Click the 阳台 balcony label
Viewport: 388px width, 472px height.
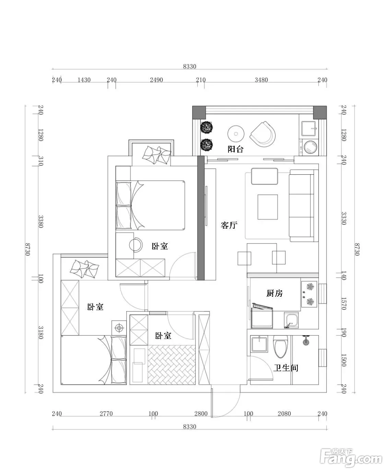pos(235,149)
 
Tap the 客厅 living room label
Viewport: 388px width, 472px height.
pos(229,225)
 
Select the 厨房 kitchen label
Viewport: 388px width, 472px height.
pos(274,293)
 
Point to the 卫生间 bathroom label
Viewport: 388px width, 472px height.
pos(286,368)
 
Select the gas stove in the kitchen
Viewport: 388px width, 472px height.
pos(309,294)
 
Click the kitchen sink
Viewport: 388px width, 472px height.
pos(291,320)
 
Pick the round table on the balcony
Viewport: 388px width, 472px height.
pos(236,134)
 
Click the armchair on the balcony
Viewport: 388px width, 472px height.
pos(263,134)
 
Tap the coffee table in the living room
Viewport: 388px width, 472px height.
pos(268,207)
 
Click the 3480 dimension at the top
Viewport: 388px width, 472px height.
pos(261,80)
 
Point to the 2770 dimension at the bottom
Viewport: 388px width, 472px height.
pos(106,414)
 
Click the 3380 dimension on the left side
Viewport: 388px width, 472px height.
pos(40,222)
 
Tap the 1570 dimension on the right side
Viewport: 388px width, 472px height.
pos(344,304)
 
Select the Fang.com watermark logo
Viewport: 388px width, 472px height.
pos(351,456)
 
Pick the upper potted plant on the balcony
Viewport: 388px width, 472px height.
pos(207,127)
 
